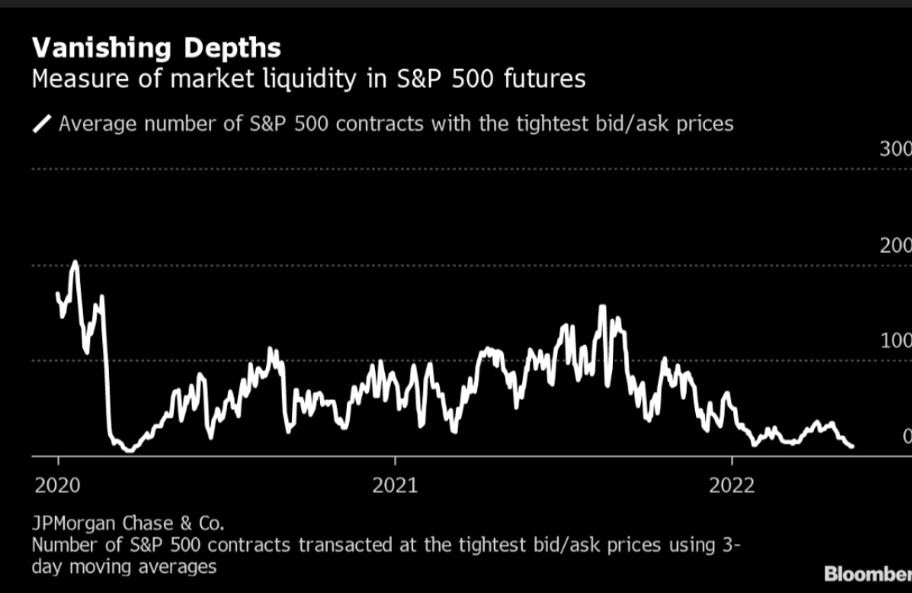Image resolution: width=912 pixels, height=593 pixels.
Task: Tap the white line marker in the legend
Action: tap(41, 125)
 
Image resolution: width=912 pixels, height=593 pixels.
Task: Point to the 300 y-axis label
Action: tap(894, 149)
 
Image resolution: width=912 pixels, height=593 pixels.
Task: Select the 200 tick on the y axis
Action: tap(894, 245)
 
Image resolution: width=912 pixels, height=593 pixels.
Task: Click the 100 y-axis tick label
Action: tap(894, 341)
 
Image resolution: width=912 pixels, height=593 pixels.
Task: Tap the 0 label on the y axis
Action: tap(906, 436)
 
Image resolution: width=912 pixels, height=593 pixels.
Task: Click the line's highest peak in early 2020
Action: tap(74, 262)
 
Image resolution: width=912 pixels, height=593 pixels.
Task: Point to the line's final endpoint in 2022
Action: tap(852, 446)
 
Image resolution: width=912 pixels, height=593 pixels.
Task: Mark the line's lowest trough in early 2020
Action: tap(129, 450)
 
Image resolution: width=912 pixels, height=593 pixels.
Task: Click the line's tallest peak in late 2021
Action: tap(602, 307)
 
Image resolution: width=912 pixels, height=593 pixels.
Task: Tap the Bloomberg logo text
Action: tap(867, 574)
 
